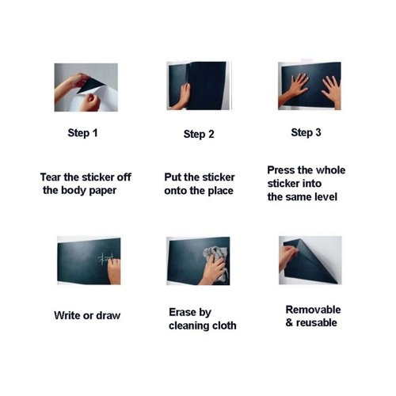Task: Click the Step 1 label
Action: click(82, 133)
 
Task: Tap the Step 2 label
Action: click(199, 135)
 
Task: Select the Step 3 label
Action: click(306, 132)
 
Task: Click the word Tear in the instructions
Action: click(51, 177)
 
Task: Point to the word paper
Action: click(103, 191)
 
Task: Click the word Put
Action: click(173, 177)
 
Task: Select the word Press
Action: click(281, 170)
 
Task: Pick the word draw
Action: click(109, 315)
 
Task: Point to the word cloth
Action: click(224, 326)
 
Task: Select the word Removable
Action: click(313, 310)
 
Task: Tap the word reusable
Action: click(317, 322)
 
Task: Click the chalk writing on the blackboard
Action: click(106, 259)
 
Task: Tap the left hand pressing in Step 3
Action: click(296, 87)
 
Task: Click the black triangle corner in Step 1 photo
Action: click(90, 86)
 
